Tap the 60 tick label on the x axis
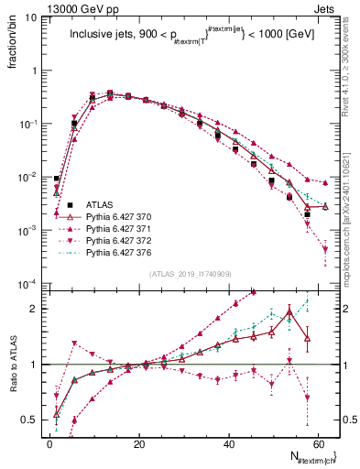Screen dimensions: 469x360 pos(318,444)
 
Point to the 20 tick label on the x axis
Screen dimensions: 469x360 pos(138,444)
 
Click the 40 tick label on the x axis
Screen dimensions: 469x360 pos(228,444)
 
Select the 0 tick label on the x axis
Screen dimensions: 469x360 pos(49,444)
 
